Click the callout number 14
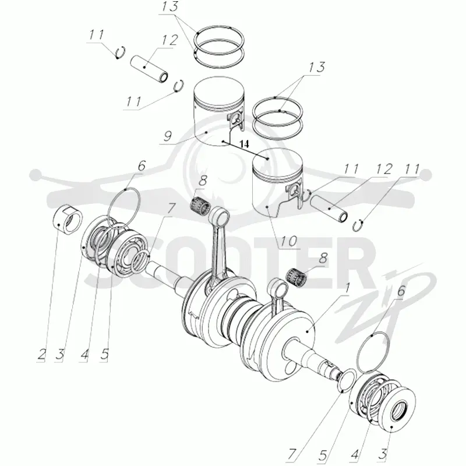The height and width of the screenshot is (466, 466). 244,144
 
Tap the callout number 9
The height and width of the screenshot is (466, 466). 168,136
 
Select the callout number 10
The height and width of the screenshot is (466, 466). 289,241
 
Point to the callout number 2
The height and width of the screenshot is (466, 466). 41,354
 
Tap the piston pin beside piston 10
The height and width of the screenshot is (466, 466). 329,209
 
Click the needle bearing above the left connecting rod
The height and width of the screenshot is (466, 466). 199,206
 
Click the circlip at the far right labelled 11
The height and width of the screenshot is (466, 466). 358,225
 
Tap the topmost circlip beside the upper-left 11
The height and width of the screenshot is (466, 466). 121,52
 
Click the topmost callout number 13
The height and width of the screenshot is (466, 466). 170,7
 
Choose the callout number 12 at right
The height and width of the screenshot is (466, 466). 384,170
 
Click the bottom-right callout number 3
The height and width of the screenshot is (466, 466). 383,454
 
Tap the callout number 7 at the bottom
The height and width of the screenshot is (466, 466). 292,454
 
